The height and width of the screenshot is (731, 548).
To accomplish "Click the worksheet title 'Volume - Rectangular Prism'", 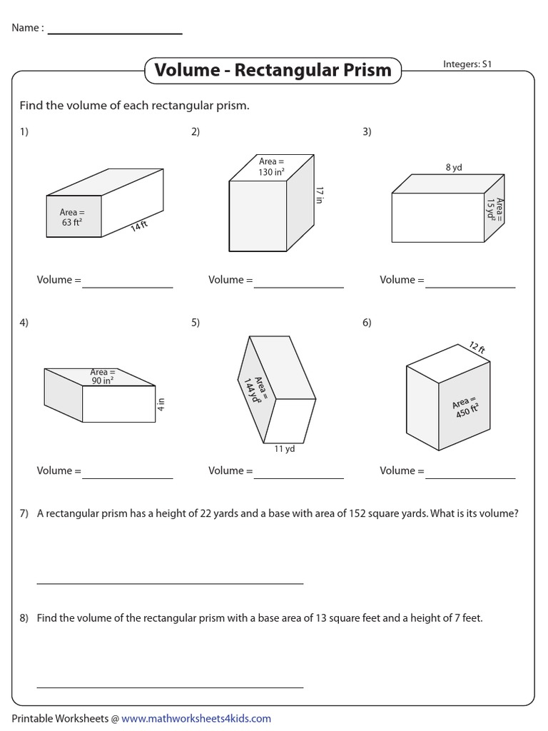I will tap(273, 70).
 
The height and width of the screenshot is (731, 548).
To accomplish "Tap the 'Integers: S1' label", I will tap(467, 64).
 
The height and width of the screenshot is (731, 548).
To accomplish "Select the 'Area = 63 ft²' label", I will tap(73, 217).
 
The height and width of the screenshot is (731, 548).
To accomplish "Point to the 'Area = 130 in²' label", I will tap(272, 167).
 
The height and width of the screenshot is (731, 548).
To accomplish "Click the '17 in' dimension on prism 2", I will tap(320, 196).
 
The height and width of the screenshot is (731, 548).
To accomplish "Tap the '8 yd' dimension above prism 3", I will tap(454, 168).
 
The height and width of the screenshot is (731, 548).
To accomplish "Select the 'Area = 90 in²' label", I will tap(102, 376).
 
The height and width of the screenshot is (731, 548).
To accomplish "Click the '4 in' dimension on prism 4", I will tap(162, 405).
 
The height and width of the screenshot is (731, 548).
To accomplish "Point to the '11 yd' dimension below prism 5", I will tap(285, 449).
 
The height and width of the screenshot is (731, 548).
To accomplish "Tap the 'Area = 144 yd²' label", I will tap(254, 386).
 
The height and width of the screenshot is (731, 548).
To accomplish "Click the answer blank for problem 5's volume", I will tap(298, 477).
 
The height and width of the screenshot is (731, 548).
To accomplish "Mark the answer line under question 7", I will tap(170, 583).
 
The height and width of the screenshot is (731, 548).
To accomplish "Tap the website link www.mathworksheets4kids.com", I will tap(196, 718).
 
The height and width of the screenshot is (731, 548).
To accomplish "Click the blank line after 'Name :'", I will tap(114, 34).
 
